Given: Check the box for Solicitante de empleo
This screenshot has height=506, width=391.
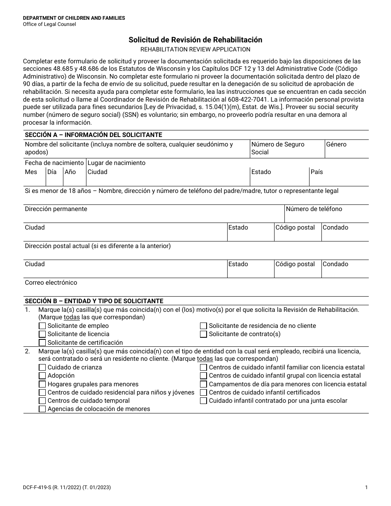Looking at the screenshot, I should tap(42, 326).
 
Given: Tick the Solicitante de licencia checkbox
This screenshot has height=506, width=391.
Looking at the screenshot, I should tap(42, 334).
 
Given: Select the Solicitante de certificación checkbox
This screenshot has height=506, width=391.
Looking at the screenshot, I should tap(42, 343).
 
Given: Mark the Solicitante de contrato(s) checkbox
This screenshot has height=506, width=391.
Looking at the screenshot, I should tap(203, 334).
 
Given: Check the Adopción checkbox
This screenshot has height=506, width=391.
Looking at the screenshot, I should tap(42, 376).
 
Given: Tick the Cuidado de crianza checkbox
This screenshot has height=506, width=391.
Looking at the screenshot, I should tap(42, 367).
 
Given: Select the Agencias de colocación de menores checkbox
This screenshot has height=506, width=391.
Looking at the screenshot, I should tap(42, 409).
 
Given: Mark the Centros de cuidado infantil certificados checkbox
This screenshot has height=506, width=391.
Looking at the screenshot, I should tap(203, 392).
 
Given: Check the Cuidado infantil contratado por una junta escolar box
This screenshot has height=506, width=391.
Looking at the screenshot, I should tap(203, 401).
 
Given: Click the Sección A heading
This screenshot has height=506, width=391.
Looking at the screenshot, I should tap(93, 135).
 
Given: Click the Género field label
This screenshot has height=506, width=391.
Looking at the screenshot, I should tap(336, 144).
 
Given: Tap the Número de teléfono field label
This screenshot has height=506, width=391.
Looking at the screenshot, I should tap(314, 209).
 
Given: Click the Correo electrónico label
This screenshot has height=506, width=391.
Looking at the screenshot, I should tap(51, 283).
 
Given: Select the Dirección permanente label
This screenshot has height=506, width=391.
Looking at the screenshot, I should tap(56, 209).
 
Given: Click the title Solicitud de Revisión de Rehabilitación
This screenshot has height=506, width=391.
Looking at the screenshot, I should tap(195, 40).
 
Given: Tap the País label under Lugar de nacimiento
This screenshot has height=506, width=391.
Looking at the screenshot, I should tap(317, 172).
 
